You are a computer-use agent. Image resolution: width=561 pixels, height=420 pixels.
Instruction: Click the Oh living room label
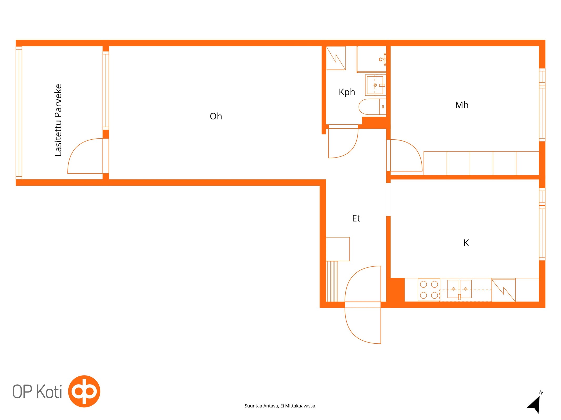216,116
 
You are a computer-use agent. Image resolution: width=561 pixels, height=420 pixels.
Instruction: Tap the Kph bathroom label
347,92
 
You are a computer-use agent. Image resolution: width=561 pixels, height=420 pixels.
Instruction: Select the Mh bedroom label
462,105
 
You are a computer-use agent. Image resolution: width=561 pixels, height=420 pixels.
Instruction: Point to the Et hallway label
356,218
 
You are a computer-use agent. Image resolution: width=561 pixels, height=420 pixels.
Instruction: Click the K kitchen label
466,243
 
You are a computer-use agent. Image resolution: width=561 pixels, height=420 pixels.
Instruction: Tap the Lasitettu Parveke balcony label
58,120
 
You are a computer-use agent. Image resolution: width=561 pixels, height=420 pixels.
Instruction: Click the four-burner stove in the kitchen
429,290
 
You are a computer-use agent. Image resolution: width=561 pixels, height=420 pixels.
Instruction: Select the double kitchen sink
459,289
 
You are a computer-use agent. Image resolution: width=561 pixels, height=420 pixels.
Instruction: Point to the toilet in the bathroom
372,107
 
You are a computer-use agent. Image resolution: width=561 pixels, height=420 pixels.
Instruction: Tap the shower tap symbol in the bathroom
383,59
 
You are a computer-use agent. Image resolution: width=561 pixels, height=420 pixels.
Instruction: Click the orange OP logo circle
84,391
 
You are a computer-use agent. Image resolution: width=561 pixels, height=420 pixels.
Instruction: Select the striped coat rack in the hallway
332,281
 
